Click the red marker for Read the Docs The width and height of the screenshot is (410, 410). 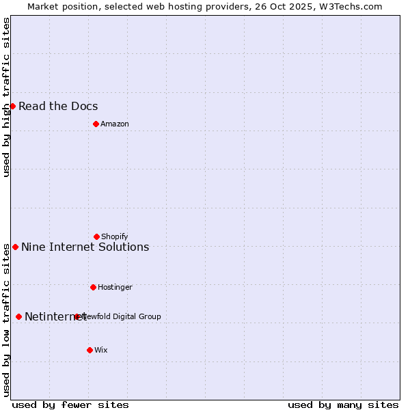12,106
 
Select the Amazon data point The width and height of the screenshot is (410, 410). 96,124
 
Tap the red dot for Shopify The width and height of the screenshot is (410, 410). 96,236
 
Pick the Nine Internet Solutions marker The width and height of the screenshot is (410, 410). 15,247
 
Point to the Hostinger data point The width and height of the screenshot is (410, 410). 93,287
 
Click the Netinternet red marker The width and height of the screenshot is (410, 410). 18,316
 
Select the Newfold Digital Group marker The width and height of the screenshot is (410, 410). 77,316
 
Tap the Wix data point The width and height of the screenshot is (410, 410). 90,350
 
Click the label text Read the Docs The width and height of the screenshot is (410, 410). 58,106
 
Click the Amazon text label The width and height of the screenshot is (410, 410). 115,124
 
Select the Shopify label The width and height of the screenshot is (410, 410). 115,236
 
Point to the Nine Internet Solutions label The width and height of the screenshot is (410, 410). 85,247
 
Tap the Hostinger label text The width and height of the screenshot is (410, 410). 115,287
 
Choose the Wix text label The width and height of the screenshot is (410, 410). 101,350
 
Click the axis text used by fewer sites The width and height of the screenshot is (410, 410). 70,405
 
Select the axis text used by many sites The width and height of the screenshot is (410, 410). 343,405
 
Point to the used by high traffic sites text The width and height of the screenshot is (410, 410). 6,97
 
